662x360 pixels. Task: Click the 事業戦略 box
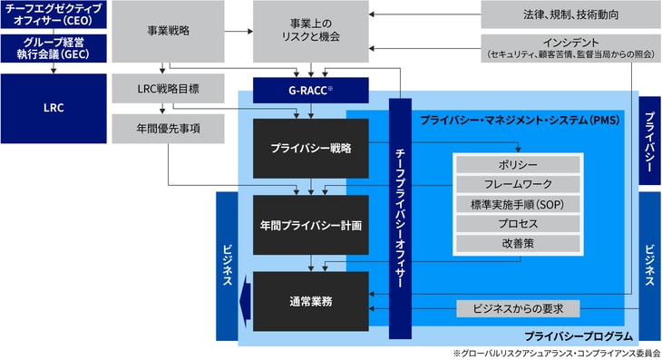pos(168,32)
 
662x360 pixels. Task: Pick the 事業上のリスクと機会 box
pos(311,32)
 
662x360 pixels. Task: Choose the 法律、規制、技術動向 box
pos(570,15)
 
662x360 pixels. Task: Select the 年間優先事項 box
pos(168,128)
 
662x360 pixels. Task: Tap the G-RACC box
pos(311,90)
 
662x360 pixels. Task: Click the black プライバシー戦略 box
pos(311,147)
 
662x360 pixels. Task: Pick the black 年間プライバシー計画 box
pos(311,223)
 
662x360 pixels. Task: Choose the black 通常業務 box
pos(311,300)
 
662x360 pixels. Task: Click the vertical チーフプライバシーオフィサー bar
pos(401,218)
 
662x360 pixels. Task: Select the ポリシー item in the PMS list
pos(518,164)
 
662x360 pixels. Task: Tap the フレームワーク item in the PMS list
pos(518,184)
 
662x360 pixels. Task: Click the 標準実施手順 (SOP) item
pos(518,204)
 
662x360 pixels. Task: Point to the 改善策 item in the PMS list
pos(518,244)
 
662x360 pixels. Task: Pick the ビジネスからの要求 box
pos(518,308)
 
